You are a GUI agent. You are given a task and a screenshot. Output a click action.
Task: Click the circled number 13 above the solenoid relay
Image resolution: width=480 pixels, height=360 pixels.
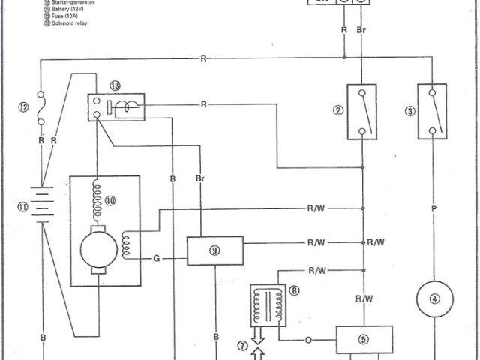pos(115,85)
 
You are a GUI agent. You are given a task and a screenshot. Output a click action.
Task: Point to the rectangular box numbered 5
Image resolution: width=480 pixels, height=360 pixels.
pos(364,339)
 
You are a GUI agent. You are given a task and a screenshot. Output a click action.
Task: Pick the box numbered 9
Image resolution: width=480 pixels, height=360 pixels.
pos(214,250)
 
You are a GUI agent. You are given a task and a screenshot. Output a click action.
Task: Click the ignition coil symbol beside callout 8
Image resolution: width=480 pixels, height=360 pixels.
pos(267,304)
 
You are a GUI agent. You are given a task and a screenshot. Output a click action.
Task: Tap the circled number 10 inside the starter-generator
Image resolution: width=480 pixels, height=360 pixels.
pos(110,200)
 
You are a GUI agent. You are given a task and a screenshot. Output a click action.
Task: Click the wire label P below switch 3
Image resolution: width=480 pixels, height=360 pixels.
pos(433,211)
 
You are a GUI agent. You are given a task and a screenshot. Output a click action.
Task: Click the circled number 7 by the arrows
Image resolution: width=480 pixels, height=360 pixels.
pos(242,346)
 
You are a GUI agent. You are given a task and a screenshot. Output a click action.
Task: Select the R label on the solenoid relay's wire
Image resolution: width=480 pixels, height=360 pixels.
pos(203,104)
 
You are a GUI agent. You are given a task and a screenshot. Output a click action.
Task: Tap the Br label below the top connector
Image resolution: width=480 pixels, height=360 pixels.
pos(361,31)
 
